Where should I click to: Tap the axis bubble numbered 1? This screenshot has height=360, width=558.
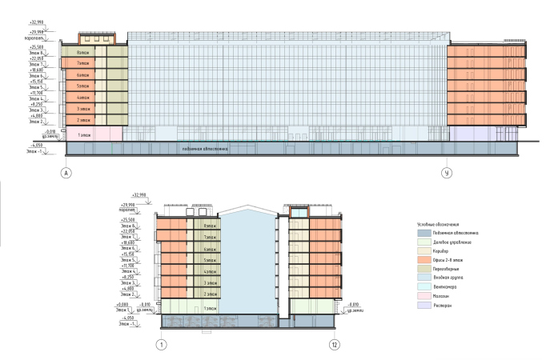pos(162,345)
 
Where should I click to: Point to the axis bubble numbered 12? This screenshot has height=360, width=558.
pos(336,345)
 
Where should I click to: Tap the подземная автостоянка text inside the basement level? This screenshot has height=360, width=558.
pos(204,149)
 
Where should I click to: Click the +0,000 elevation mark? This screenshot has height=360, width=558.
pos(122,305)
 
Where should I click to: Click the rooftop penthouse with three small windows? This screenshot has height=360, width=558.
pos(97,38)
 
